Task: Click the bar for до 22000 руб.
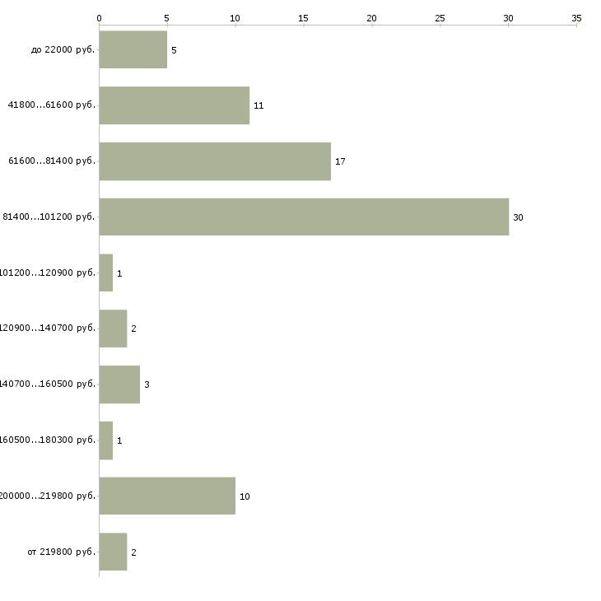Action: click(x=133, y=49)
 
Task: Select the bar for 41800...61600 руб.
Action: click(x=174, y=105)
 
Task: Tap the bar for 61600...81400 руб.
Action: click(x=215, y=161)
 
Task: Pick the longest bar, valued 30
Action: click(x=304, y=217)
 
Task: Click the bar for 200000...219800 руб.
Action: click(x=167, y=496)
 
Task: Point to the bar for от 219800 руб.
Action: click(x=113, y=552)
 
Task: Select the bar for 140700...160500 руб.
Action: click(x=119, y=384)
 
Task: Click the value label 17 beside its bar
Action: click(x=340, y=161)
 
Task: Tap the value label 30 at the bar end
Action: click(x=518, y=217)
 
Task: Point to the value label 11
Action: click(x=259, y=105)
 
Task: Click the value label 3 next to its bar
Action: click(x=147, y=384)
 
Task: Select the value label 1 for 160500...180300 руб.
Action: click(x=119, y=440)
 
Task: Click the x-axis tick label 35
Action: click(x=576, y=16)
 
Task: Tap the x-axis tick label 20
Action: click(x=372, y=16)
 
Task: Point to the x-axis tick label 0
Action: click(x=100, y=16)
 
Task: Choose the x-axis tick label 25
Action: click(x=440, y=16)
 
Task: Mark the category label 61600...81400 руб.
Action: click(x=52, y=161)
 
